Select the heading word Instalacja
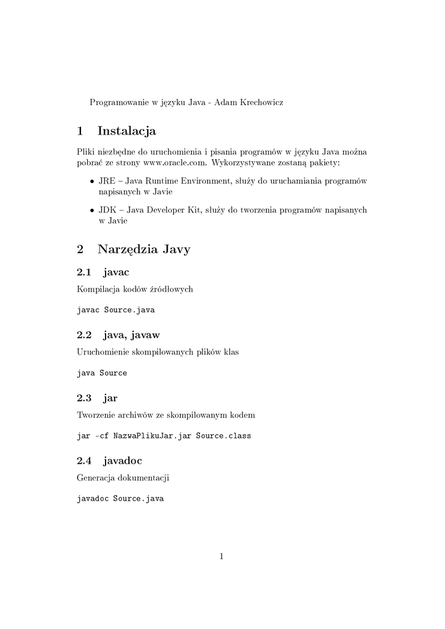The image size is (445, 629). click(126, 131)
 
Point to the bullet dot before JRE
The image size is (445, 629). click(91, 182)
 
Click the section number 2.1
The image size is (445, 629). click(84, 272)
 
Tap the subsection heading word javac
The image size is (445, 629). click(117, 272)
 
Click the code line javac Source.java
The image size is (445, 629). click(115, 310)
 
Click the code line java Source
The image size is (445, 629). click(102, 373)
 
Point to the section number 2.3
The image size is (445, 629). click(84, 397)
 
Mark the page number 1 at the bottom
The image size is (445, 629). click(222, 557)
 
